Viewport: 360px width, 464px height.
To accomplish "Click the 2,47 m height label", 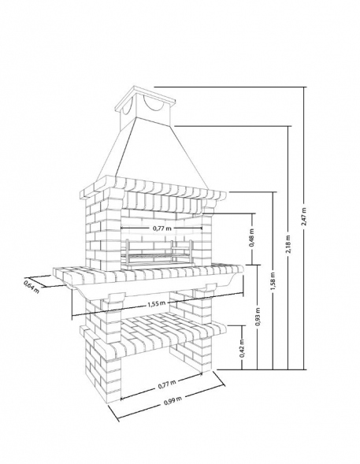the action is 303,217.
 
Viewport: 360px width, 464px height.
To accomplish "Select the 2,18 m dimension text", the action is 288,244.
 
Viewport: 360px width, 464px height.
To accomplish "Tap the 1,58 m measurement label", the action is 273,281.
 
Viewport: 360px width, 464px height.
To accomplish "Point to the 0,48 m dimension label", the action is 252,238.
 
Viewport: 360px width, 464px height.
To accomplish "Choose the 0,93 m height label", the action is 258,317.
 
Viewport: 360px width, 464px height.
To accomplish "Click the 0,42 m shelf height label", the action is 242,348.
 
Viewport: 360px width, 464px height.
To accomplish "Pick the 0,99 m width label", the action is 173,401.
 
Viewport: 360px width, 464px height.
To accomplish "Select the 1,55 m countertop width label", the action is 157,304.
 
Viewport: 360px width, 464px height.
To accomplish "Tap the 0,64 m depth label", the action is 32,286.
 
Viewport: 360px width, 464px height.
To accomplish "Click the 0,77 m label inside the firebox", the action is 161,228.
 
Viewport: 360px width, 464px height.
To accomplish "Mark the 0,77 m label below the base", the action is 167,384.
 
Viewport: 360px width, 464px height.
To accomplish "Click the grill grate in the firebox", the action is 159,255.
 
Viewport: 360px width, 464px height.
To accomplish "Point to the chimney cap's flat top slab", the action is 146,98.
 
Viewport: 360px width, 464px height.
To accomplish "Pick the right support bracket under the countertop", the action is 210,286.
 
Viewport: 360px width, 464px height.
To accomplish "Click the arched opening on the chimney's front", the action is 154,105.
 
